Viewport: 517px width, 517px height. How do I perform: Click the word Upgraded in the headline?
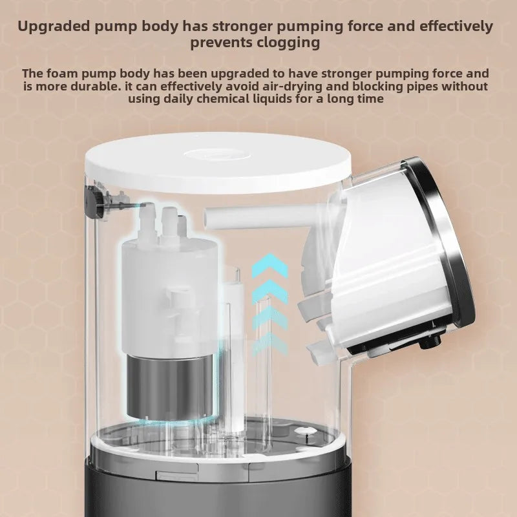54,26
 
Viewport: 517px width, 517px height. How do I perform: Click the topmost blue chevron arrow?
270,264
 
